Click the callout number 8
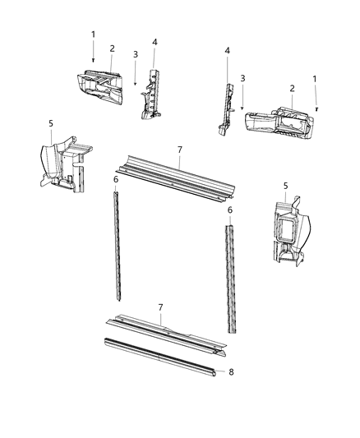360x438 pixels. coord(231,372)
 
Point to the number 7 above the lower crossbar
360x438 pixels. coord(161,307)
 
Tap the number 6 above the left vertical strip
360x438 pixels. coord(116,179)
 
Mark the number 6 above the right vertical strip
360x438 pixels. coord(230,210)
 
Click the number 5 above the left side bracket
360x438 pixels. coord(51,123)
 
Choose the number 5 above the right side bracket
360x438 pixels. coord(285,186)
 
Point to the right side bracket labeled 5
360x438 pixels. coord(284,235)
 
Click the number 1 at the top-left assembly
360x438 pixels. coord(93,34)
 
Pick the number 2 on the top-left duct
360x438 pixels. coord(112,48)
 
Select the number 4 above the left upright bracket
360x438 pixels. coord(155,41)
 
